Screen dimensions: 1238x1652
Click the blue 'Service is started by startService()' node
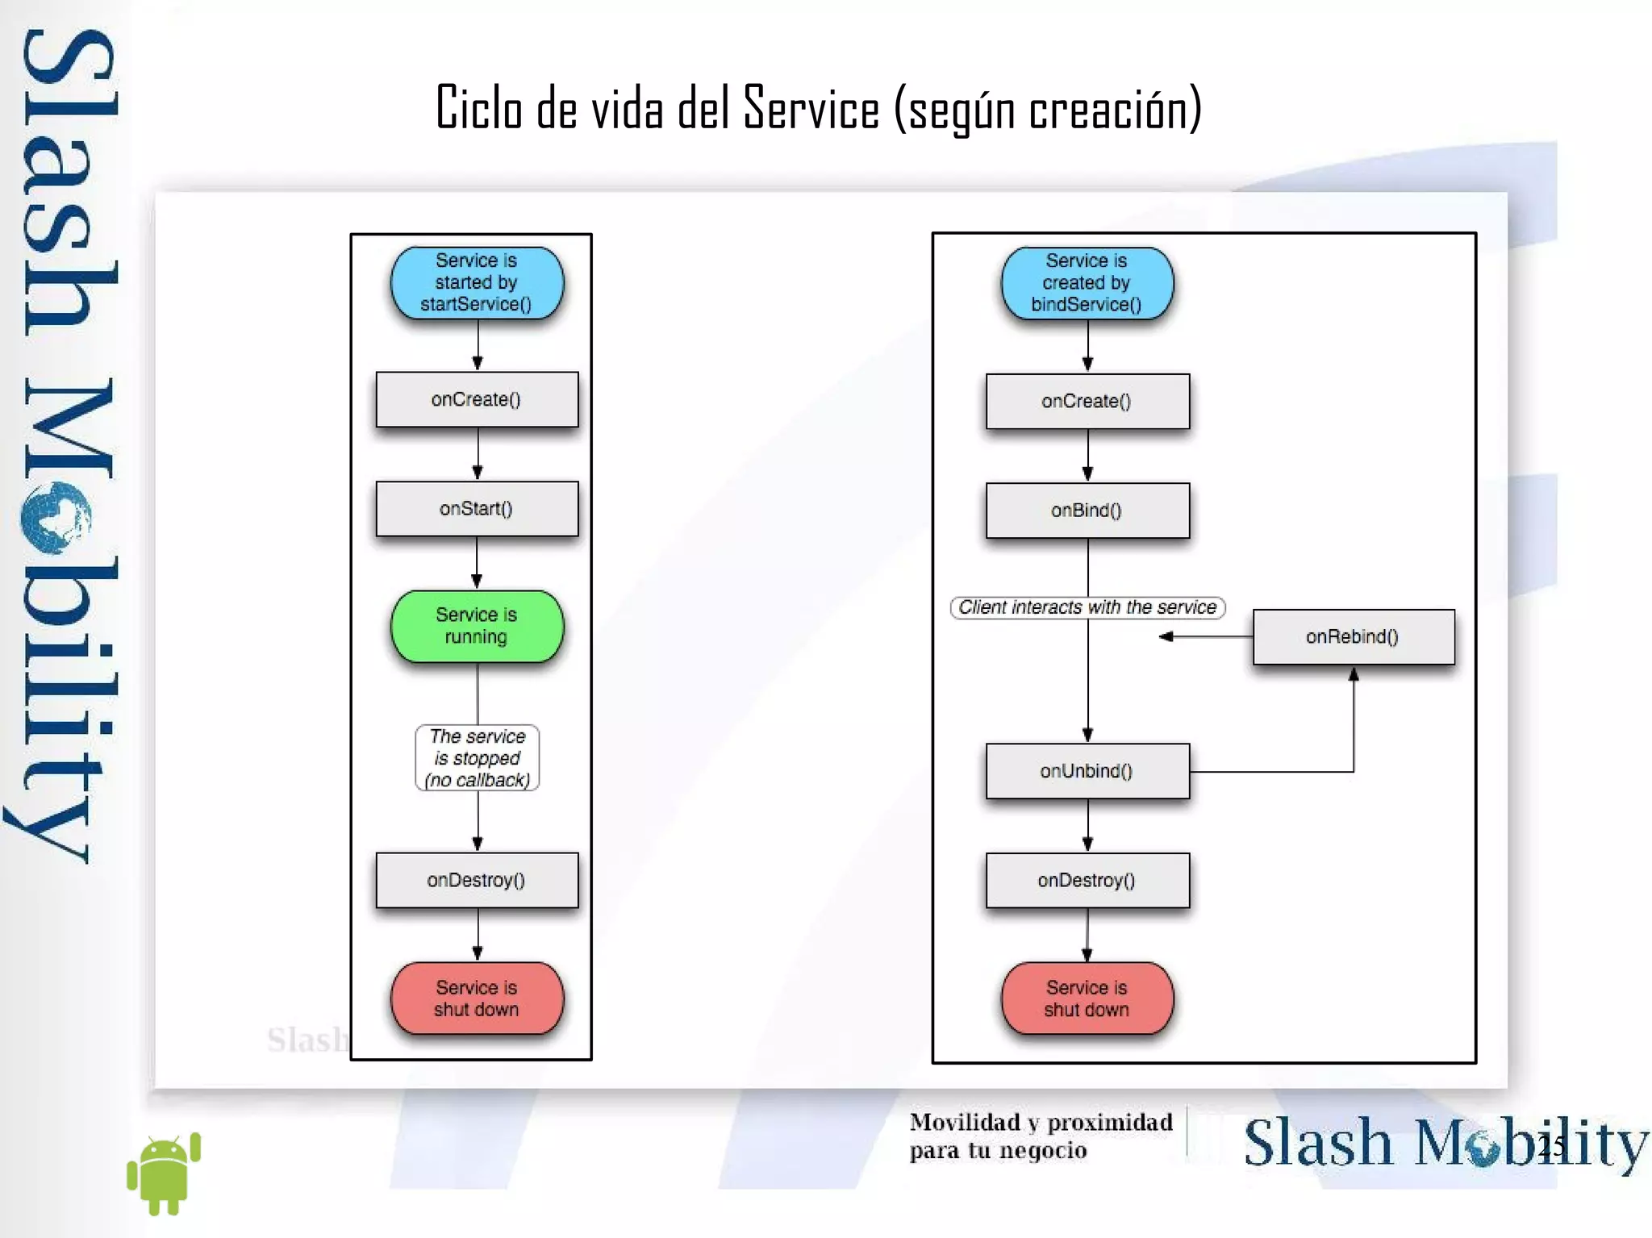[x=477, y=282]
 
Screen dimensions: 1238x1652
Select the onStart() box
[x=477, y=509]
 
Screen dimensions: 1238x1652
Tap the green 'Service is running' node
[x=477, y=626]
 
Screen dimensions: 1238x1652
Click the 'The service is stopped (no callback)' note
[x=477, y=758]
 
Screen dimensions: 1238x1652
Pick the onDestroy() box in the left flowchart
[x=477, y=880]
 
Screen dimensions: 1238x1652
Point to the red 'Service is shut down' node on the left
[x=477, y=998]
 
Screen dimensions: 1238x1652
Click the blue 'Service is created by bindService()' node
[x=1087, y=282]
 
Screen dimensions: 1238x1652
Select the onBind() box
[x=1087, y=511]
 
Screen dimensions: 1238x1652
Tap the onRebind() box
[x=1353, y=636]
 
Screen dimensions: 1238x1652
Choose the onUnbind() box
[x=1087, y=771]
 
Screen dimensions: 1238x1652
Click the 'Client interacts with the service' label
[x=1087, y=607]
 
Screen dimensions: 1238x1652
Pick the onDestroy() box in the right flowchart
[x=1087, y=880]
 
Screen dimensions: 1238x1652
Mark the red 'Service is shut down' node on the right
[x=1087, y=998]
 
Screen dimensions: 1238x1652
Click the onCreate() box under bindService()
[x=1087, y=401]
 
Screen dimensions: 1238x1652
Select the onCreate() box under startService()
[x=477, y=399]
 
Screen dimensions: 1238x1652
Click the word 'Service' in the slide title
[x=811, y=109]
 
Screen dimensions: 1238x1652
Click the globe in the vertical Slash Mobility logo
[x=55, y=517]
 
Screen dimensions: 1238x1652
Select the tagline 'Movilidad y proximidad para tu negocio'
[x=1041, y=1136]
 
